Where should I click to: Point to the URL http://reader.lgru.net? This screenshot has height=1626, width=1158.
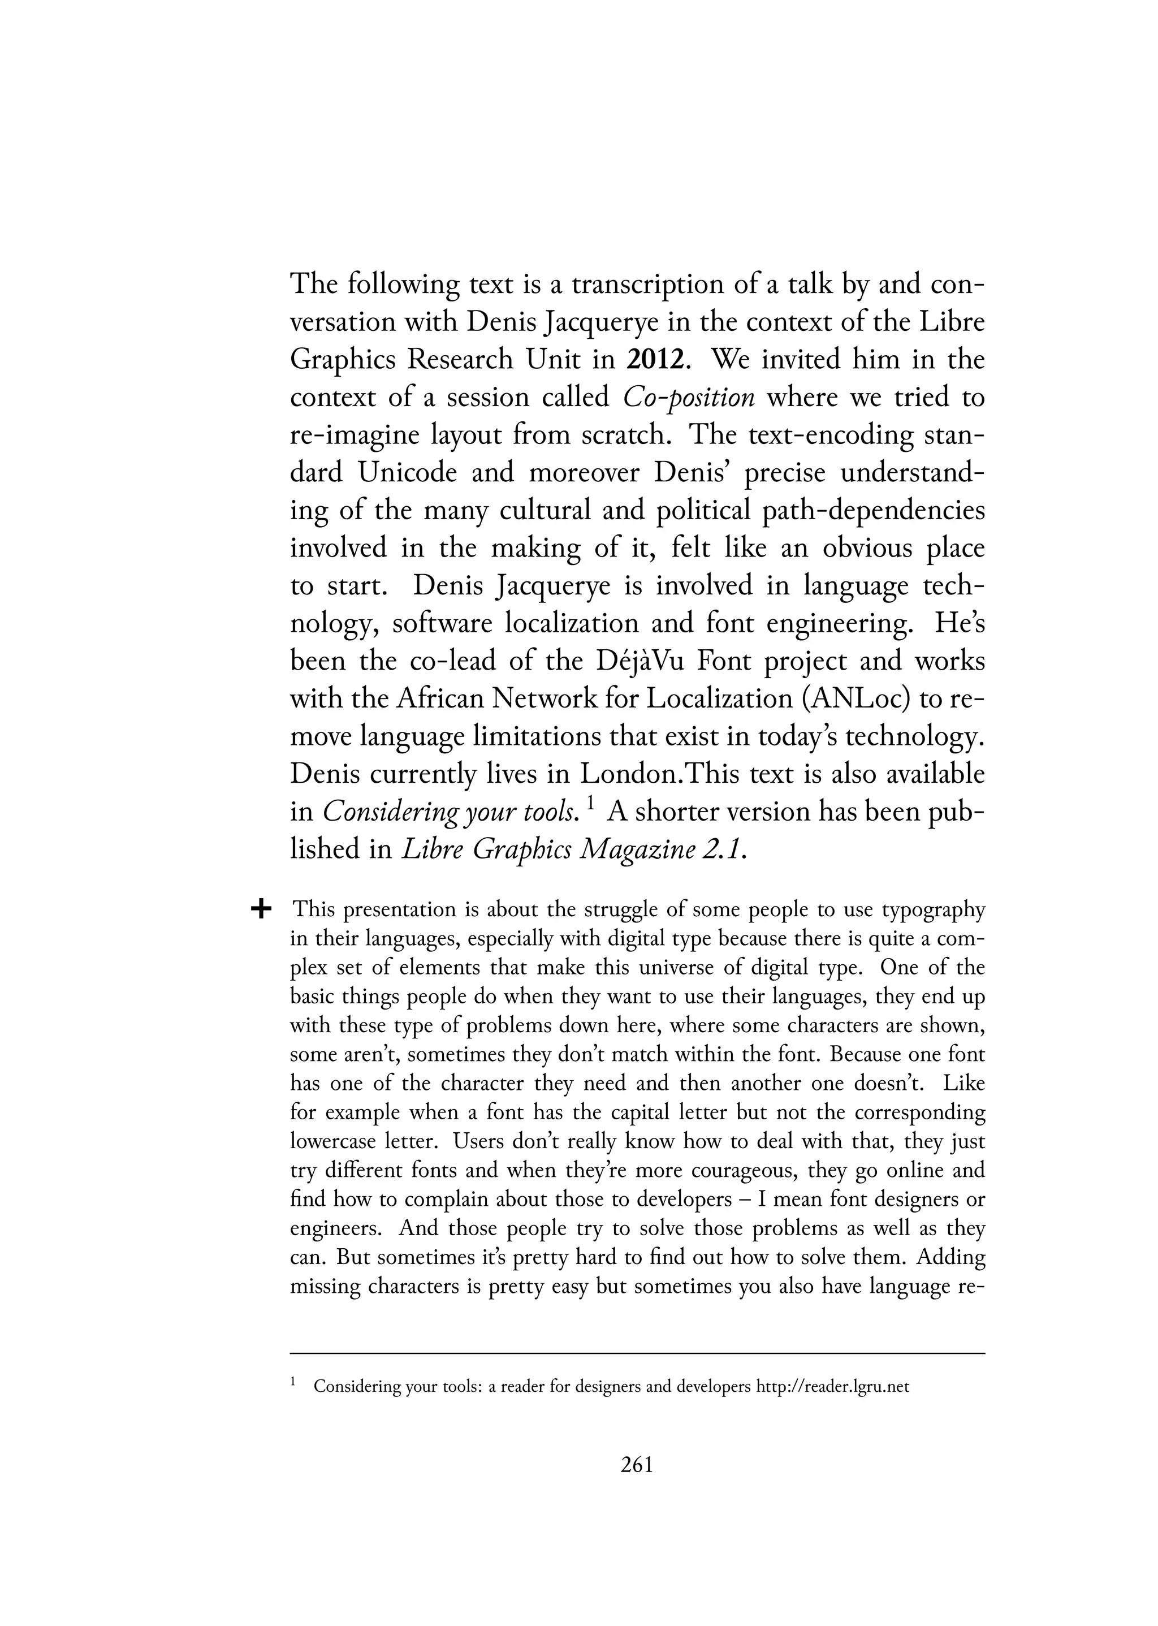click(832, 1387)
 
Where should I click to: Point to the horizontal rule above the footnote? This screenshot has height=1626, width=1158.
click(637, 1353)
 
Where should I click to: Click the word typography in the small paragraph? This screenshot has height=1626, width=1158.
click(932, 910)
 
